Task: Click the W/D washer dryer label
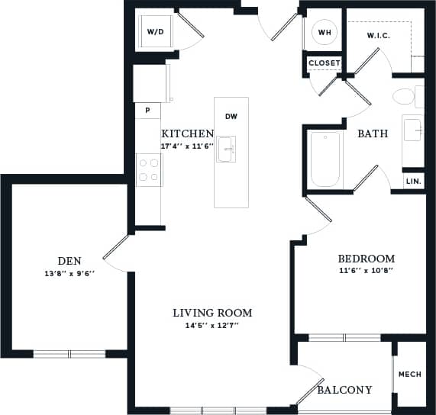coord(155,32)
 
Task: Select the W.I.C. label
coord(379,35)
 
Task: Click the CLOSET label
coord(325,63)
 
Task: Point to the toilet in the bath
coord(405,97)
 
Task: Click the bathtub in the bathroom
coord(325,159)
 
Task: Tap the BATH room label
coord(373,134)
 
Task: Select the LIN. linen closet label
coord(413,182)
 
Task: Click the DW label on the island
coord(231,117)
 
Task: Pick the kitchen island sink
coord(226,149)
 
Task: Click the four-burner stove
coord(149,169)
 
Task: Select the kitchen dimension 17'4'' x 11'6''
coord(187,145)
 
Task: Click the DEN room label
coord(69,260)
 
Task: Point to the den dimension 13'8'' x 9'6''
coord(69,273)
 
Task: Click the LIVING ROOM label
coord(212,313)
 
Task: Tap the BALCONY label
coord(344,390)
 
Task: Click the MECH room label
coord(410,375)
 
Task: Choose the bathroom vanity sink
coord(413,130)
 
